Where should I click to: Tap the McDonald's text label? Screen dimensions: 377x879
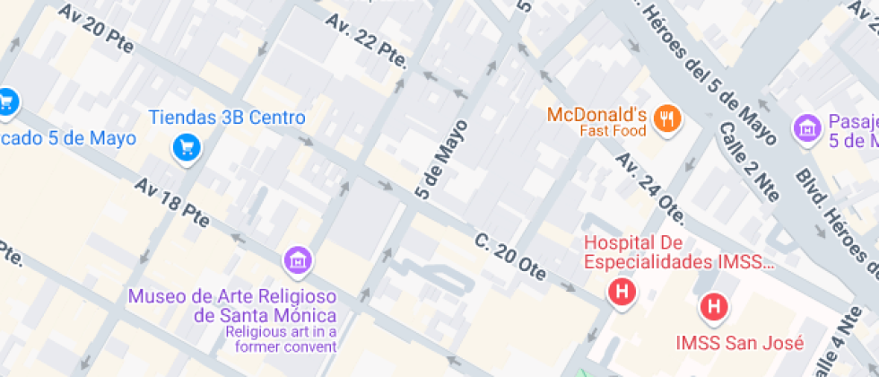596,115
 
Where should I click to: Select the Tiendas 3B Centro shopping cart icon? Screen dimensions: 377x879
186,146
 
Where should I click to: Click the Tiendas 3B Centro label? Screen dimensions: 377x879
227,118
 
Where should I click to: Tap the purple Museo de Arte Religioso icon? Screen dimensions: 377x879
297,261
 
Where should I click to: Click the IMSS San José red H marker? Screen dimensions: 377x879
714,307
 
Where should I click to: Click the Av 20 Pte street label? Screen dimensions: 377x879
94,29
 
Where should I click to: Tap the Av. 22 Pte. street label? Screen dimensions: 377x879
367,40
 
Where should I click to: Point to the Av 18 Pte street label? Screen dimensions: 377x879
171,200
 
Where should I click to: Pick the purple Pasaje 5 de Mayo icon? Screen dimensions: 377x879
807,127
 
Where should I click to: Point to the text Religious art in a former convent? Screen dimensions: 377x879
281,339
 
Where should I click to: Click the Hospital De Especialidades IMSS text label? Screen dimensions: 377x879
677,252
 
